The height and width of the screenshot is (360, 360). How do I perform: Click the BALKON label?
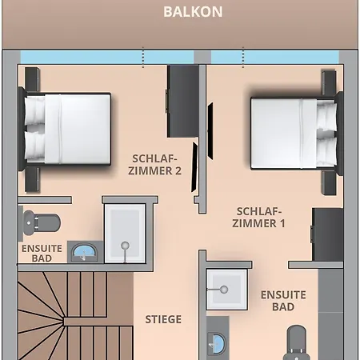pos(193,12)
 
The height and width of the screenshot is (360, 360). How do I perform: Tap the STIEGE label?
pos(163,319)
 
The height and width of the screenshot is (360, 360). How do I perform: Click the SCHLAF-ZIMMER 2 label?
pos(154,165)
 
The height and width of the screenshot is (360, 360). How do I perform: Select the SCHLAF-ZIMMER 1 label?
pos(258,218)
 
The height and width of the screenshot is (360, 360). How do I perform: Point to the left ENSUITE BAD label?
pos(42,254)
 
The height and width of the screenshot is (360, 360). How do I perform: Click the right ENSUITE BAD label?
pos(283,301)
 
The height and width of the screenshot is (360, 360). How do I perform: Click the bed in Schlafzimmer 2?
pos(66,129)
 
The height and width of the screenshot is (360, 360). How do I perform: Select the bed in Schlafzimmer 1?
pos(296,134)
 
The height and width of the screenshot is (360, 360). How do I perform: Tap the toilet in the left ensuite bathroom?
pos(42,222)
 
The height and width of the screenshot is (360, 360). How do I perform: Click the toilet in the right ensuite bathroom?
pos(296,342)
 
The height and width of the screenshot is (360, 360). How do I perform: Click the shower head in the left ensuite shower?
pos(125,245)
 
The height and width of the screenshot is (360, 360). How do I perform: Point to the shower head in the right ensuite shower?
pos(224,290)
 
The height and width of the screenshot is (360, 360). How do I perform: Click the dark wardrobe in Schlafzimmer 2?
pos(183,102)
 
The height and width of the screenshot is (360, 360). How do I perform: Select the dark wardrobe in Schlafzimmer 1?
pos(327,234)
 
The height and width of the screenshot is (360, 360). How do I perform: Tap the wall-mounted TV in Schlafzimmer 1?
pos(210,131)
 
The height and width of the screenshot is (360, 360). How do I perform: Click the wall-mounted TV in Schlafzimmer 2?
pos(194,167)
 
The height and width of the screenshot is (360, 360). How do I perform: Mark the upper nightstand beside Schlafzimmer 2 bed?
pos(32,78)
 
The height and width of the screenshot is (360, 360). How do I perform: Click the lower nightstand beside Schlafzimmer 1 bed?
pos(329,183)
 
